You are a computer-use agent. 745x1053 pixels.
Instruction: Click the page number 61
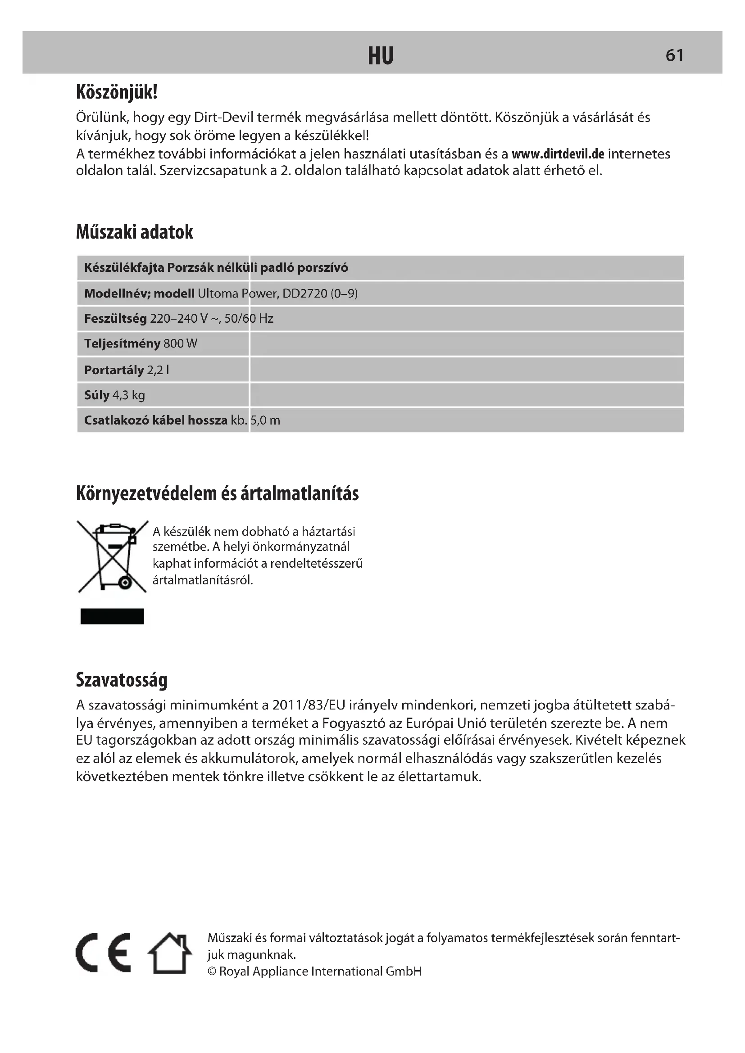674,55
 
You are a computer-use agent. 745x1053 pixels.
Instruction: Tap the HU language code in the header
381,56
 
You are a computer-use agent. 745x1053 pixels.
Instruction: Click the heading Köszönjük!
117,92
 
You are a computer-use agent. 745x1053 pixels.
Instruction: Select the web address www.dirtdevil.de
558,154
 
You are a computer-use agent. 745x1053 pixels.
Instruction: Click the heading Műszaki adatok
134,232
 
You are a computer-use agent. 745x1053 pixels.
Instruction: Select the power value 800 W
180,344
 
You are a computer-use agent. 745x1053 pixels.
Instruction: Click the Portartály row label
114,370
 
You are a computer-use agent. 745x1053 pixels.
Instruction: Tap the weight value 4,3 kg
128,395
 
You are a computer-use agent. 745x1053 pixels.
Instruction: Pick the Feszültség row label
116,319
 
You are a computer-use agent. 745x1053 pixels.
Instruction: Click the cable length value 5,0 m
265,420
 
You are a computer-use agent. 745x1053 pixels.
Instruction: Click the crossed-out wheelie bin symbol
113,556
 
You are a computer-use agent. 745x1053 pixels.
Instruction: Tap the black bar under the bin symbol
113,616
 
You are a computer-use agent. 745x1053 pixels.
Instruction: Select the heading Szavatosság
122,680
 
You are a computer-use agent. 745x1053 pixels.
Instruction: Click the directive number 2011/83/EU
308,705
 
